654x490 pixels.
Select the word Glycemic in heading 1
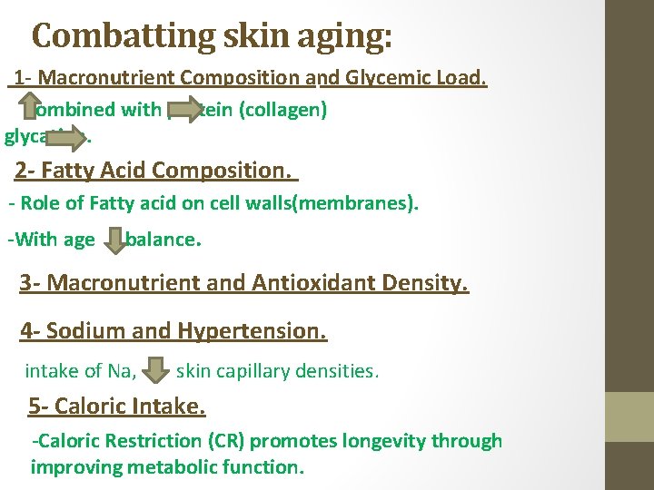click(x=387, y=78)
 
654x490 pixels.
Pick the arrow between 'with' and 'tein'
click(x=184, y=110)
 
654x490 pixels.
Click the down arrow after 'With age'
click(x=114, y=240)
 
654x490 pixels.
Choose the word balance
click(x=162, y=240)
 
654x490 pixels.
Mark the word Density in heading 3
click(x=422, y=283)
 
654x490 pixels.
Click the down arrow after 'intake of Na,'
click(x=156, y=369)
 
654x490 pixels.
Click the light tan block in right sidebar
click(x=629, y=416)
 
